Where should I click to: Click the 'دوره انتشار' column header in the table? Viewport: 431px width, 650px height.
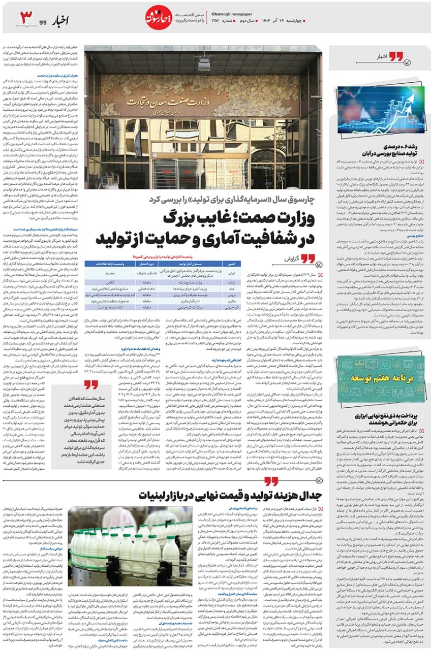coord(141,264)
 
